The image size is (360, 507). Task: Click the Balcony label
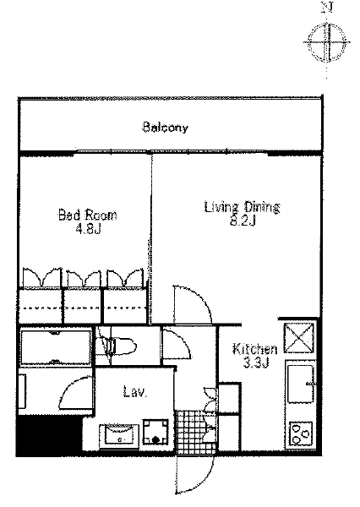165,128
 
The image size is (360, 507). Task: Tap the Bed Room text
87,215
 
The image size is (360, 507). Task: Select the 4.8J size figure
88,229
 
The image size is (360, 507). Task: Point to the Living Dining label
242,207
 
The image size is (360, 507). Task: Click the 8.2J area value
243,221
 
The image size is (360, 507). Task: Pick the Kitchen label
255,349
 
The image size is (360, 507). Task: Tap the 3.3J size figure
255,363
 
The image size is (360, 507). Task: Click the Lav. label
135,391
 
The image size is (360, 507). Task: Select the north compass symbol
327,42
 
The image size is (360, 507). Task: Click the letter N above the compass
327,8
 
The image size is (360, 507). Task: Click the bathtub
56,347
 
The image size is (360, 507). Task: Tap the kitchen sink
301,384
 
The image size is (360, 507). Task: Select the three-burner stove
302,433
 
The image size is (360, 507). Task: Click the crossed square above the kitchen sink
299,338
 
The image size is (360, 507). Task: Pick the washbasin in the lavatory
118,436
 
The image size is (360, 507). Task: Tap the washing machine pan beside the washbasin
155,431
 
